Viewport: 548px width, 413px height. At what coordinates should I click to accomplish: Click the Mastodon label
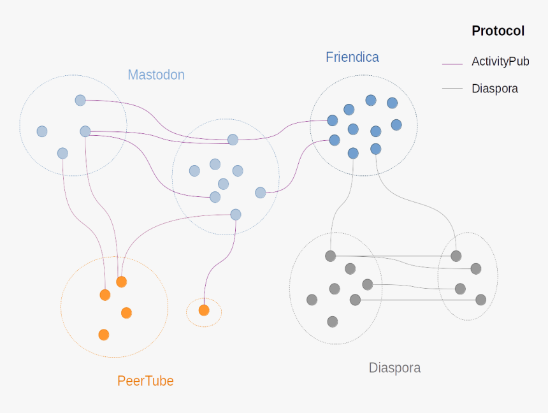[156, 75]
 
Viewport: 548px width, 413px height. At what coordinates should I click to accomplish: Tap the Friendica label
[352, 57]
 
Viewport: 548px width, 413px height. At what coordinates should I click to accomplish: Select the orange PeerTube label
[145, 381]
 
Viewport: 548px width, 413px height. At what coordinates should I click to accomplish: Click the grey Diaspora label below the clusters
[394, 368]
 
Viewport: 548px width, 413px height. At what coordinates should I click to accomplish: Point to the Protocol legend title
[498, 31]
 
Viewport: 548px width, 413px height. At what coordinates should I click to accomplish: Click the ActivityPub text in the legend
[500, 62]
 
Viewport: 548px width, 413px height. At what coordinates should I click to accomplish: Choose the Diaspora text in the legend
[494, 89]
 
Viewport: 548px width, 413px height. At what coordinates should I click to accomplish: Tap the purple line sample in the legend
[452, 63]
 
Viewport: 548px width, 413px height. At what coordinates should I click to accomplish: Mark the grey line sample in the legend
[452, 89]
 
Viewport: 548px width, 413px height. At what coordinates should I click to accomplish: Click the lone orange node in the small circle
[204, 310]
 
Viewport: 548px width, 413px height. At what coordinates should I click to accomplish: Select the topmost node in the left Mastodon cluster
[80, 100]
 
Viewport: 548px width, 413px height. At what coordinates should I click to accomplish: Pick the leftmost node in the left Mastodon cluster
[42, 131]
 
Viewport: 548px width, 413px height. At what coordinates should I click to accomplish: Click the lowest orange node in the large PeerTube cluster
[104, 335]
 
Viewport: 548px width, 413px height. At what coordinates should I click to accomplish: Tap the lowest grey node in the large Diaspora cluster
[332, 321]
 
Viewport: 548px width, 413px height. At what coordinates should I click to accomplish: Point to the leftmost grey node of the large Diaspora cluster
[312, 300]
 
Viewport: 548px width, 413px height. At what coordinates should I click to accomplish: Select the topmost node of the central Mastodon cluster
[233, 140]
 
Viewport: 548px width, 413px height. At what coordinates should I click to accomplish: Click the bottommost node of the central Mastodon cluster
[236, 214]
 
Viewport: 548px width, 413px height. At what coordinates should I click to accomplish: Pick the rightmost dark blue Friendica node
[396, 125]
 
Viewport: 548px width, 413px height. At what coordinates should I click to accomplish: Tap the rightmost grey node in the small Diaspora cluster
[481, 300]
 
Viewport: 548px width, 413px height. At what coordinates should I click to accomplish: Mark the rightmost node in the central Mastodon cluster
[260, 192]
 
